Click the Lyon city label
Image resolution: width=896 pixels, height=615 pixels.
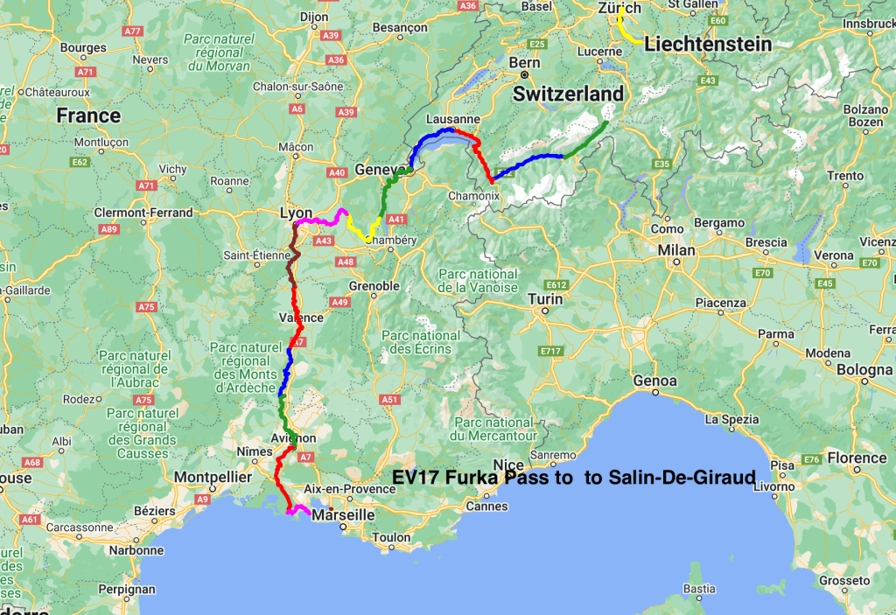[x=296, y=213]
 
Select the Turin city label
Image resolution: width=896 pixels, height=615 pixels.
[x=544, y=299]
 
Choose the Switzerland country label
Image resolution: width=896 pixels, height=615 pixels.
[x=569, y=94]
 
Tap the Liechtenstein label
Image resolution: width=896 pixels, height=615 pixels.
[x=709, y=44]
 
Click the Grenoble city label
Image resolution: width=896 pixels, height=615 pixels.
[x=374, y=286]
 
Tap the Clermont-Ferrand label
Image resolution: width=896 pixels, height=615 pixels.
[x=145, y=213]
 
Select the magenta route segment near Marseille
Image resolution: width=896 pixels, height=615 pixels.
[x=299, y=509]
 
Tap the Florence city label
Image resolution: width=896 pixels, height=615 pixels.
[x=857, y=458]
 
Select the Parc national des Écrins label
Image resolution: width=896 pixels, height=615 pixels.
[x=420, y=342]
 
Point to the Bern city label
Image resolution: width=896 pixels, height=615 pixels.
[x=525, y=63]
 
